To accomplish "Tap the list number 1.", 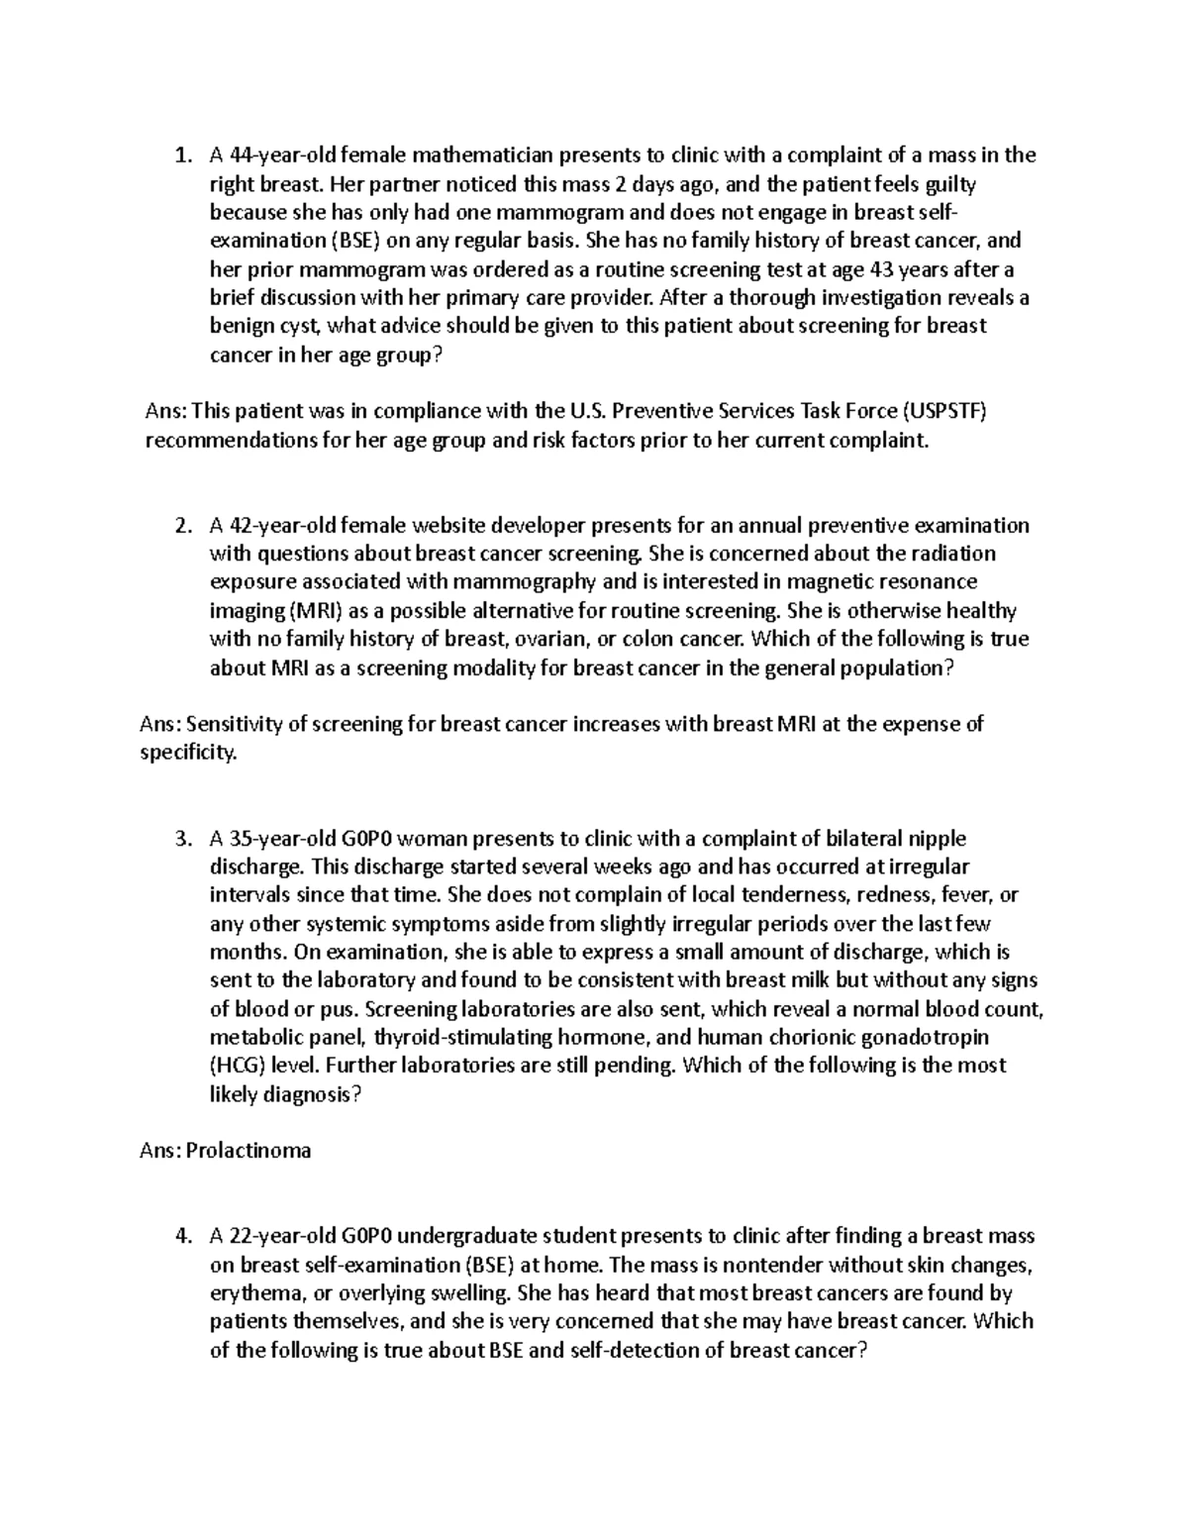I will point(179,154).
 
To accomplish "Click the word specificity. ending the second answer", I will point(189,753).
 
